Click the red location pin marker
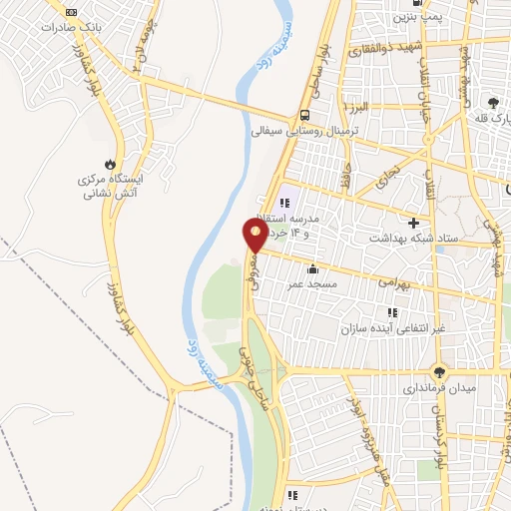[255, 233]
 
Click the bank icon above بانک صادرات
[70, 11]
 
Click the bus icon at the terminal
[304, 113]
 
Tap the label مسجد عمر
[312, 284]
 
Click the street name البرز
[359, 105]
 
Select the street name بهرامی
[395, 281]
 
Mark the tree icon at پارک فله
[493, 102]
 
